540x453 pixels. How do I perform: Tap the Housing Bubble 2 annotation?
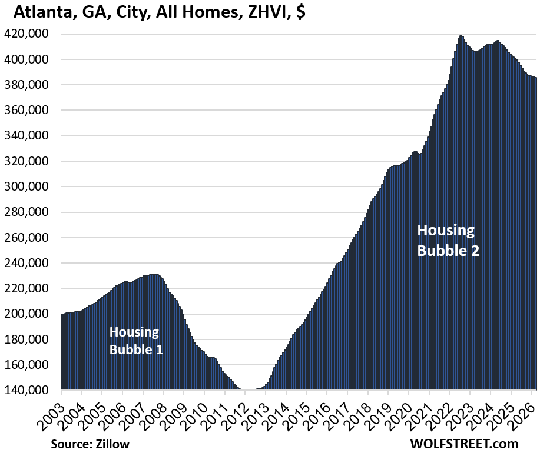tap(448, 240)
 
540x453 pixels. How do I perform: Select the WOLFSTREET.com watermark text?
tap(465, 443)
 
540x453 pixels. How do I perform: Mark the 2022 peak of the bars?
tap(461, 36)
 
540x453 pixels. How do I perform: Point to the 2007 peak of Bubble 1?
tap(154, 275)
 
